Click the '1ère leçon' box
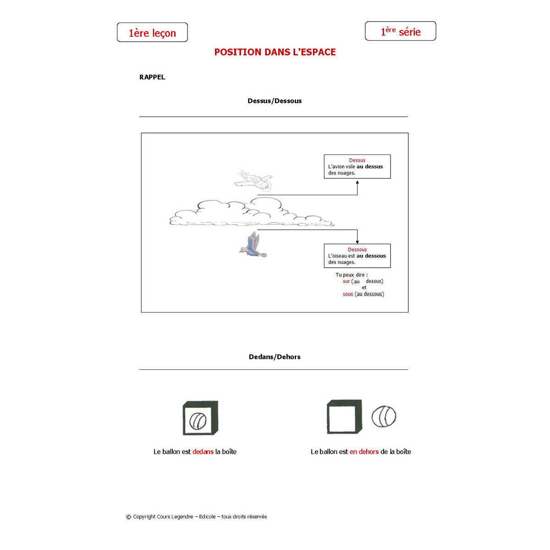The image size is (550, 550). point(152,33)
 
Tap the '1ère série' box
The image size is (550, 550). point(400,31)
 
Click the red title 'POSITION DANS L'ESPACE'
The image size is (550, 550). point(275,52)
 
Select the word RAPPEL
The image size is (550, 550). point(152,77)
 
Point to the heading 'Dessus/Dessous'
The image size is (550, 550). point(275,101)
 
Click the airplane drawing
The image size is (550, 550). point(254,180)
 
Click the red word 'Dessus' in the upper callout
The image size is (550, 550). point(357,160)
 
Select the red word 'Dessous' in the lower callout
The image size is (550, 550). point(357,250)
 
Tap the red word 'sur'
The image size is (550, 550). point(346,281)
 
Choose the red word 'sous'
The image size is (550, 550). point(348,294)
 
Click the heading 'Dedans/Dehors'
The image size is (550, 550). point(275,357)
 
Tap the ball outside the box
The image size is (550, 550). point(384,417)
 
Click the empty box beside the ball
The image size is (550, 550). point(344,417)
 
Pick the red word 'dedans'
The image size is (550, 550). point(203,452)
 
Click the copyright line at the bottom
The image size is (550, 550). point(197,517)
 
